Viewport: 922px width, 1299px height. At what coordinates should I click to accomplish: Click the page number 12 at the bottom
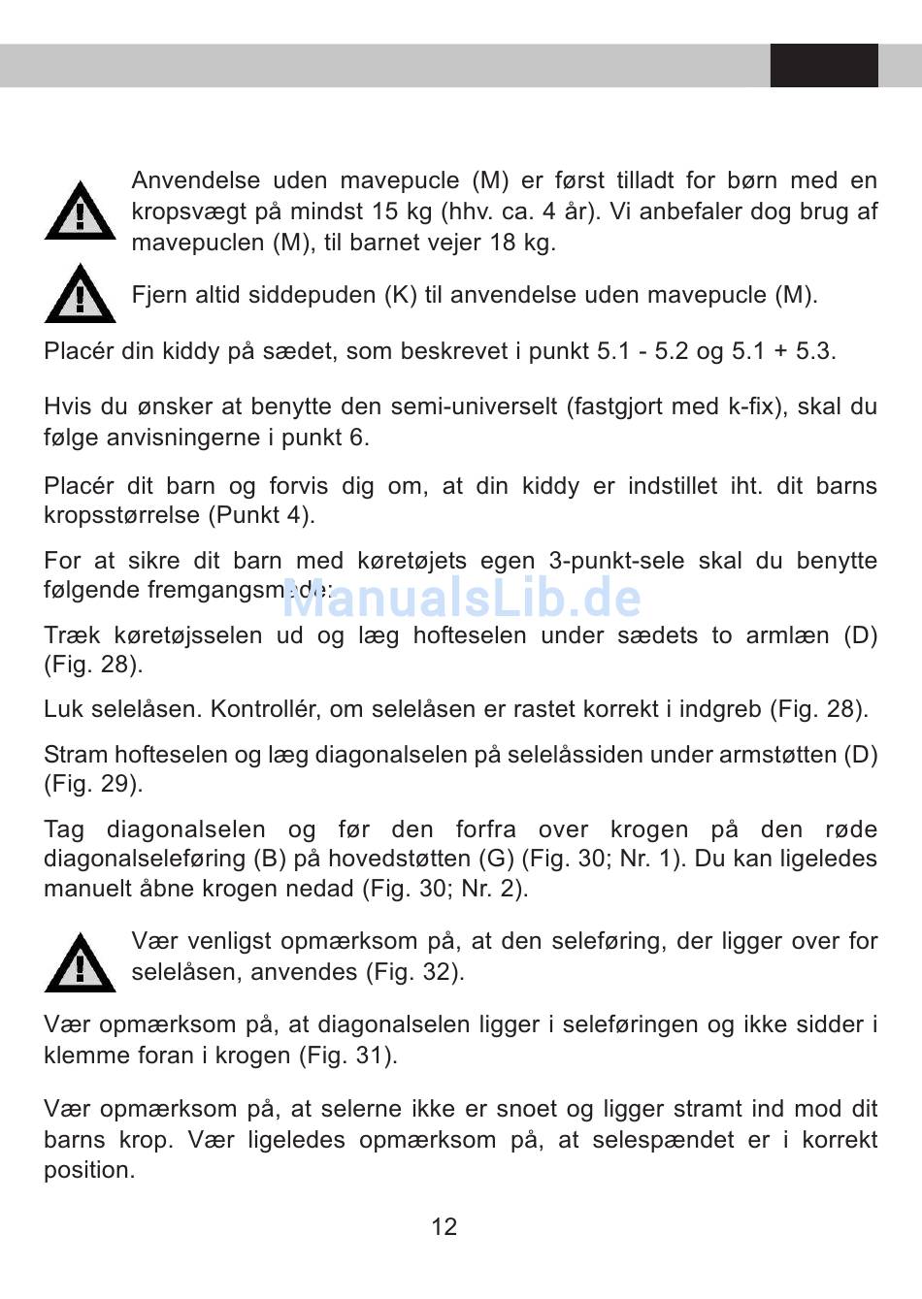pos(444,1227)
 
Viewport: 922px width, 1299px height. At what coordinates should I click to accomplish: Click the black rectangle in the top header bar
pos(824,65)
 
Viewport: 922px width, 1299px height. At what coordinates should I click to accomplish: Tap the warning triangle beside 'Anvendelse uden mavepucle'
pos(80,211)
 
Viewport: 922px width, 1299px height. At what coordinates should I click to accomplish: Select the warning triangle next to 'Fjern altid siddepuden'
pos(80,294)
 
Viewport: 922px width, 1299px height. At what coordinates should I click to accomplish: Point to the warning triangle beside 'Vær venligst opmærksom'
pos(80,963)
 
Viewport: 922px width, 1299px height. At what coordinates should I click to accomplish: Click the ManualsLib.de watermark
pos(462,599)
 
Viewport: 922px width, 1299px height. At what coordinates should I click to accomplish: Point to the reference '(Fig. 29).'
pos(93,784)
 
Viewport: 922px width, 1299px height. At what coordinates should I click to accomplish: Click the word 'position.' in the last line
pos(89,1170)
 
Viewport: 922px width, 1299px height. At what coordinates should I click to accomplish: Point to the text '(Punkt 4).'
pos(262,515)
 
